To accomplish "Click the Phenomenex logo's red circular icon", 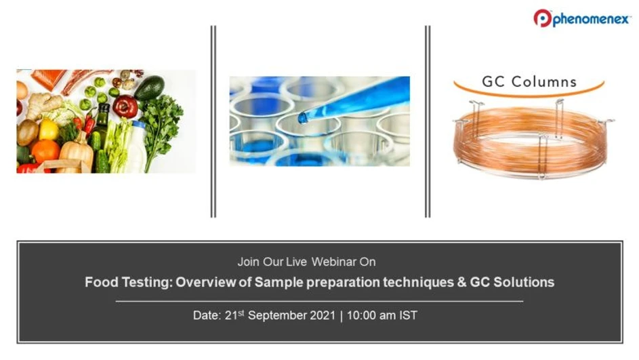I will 543,18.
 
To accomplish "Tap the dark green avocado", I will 148,87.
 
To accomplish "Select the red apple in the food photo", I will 125,106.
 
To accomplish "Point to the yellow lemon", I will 49,129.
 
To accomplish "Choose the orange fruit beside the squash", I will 45,151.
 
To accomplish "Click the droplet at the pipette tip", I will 302,118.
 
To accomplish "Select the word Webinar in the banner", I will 332,262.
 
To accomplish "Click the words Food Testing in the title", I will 127,282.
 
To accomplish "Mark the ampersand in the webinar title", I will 462,282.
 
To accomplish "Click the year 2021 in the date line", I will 323,316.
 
